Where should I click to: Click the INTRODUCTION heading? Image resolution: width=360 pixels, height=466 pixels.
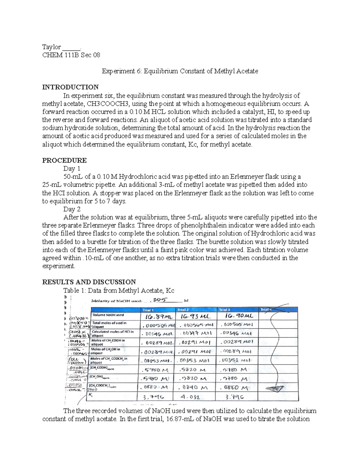70,87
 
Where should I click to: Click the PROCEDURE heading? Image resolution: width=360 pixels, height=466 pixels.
64,160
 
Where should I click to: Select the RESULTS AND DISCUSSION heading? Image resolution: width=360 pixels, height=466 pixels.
89,282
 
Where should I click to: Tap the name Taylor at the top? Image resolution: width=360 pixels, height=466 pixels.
52,47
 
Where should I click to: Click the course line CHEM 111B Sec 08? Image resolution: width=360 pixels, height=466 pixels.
71,55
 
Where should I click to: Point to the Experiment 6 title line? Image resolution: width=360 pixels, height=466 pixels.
180,71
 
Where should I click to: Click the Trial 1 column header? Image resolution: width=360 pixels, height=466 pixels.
148,310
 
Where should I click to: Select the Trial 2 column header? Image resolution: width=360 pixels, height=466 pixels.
183,310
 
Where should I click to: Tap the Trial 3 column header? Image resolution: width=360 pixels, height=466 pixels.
224,310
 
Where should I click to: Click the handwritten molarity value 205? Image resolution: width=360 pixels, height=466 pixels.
160,300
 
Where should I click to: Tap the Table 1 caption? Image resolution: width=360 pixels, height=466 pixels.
118,290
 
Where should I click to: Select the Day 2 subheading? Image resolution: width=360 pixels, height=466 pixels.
72,209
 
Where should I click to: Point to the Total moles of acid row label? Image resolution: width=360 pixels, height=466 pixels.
109,325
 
